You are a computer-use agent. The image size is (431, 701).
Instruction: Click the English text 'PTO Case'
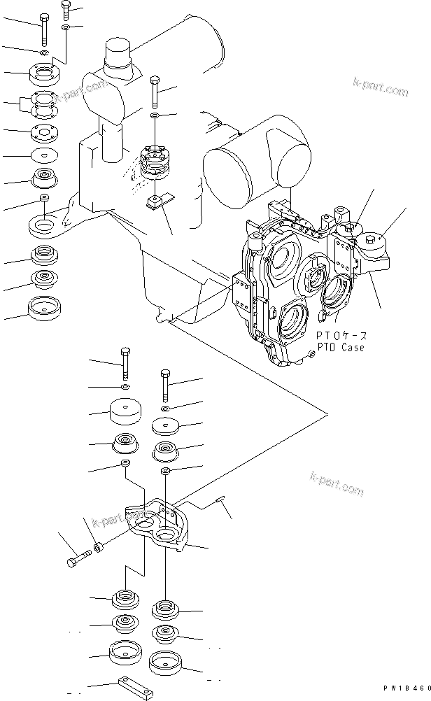click(341, 348)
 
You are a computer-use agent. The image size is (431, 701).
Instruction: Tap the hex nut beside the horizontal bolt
click(99, 546)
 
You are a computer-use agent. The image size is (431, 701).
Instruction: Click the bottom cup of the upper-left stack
click(43, 306)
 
